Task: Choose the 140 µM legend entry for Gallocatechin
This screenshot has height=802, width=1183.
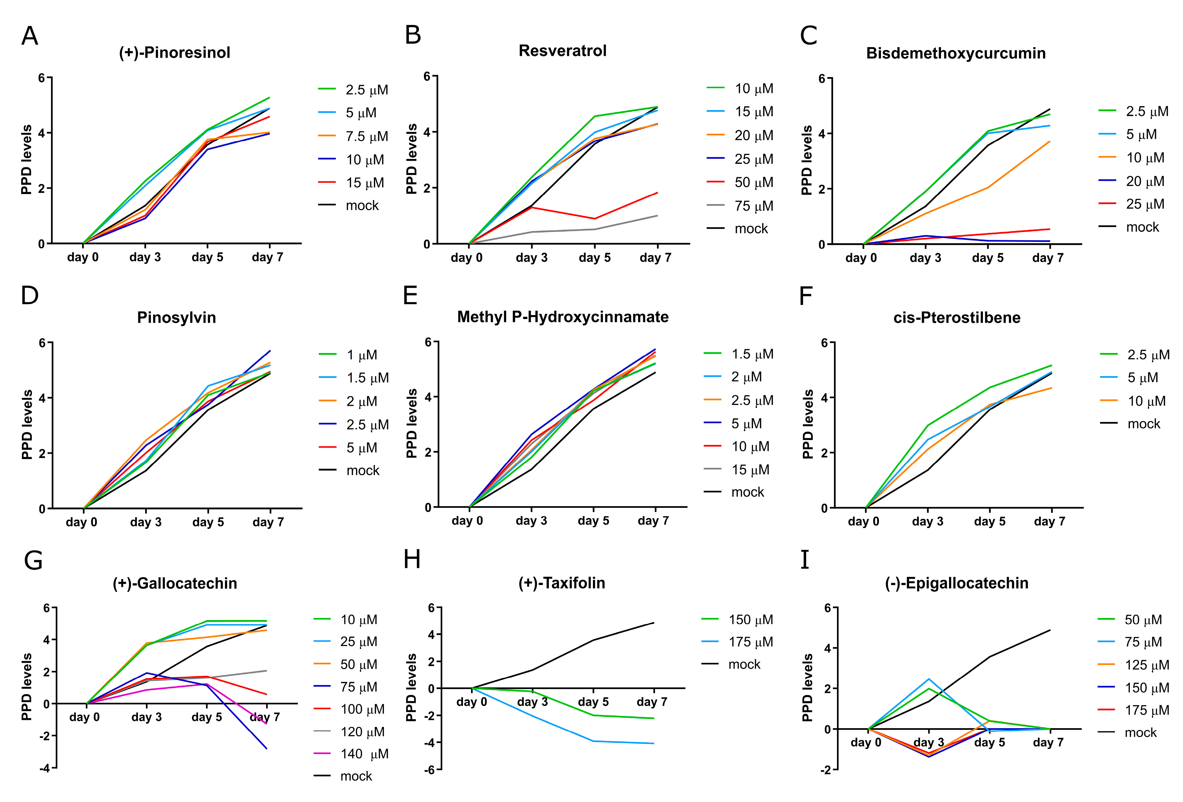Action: tap(364, 754)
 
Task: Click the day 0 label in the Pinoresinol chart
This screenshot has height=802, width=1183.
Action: tap(82, 257)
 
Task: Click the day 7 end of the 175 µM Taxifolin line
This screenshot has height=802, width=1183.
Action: tap(654, 743)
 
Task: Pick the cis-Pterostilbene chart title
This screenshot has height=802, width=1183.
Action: tap(957, 318)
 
